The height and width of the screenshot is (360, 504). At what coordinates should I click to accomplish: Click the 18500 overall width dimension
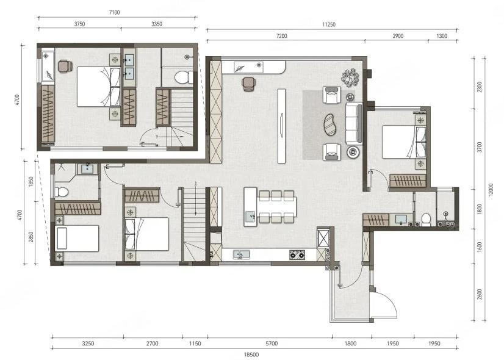tap(251, 355)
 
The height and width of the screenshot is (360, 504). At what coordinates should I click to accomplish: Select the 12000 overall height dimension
tap(491, 190)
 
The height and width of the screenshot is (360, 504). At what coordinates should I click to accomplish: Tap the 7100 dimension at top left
tap(115, 13)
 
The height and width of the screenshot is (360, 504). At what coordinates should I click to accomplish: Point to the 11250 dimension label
tap(329, 24)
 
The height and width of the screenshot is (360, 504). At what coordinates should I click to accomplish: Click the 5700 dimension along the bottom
tap(272, 344)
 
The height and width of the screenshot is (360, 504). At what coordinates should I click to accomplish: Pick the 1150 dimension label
tap(195, 344)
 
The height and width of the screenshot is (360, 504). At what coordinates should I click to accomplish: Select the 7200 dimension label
tap(281, 36)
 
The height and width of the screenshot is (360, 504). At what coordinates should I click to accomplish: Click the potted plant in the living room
tap(350, 77)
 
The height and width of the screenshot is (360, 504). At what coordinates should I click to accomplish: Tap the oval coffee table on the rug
tap(329, 124)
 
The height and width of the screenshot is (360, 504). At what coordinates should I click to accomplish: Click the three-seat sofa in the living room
tap(354, 123)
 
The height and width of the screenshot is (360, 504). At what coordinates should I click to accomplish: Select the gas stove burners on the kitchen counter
tap(297, 255)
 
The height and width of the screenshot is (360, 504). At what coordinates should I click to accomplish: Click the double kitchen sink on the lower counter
tap(242, 254)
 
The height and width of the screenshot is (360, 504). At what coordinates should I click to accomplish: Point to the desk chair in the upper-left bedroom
tap(65, 67)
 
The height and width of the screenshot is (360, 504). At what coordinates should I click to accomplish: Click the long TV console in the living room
tap(281, 126)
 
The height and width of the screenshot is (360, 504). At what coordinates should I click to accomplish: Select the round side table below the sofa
tap(353, 151)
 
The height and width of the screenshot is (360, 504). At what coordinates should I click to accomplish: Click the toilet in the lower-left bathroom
tap(62, 192)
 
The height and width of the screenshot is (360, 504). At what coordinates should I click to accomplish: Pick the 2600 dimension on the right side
tap(480, 295)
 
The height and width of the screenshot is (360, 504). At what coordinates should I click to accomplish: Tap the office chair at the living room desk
tap(248, 84)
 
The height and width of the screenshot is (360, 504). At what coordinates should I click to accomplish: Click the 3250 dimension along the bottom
tap(88, 344)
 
